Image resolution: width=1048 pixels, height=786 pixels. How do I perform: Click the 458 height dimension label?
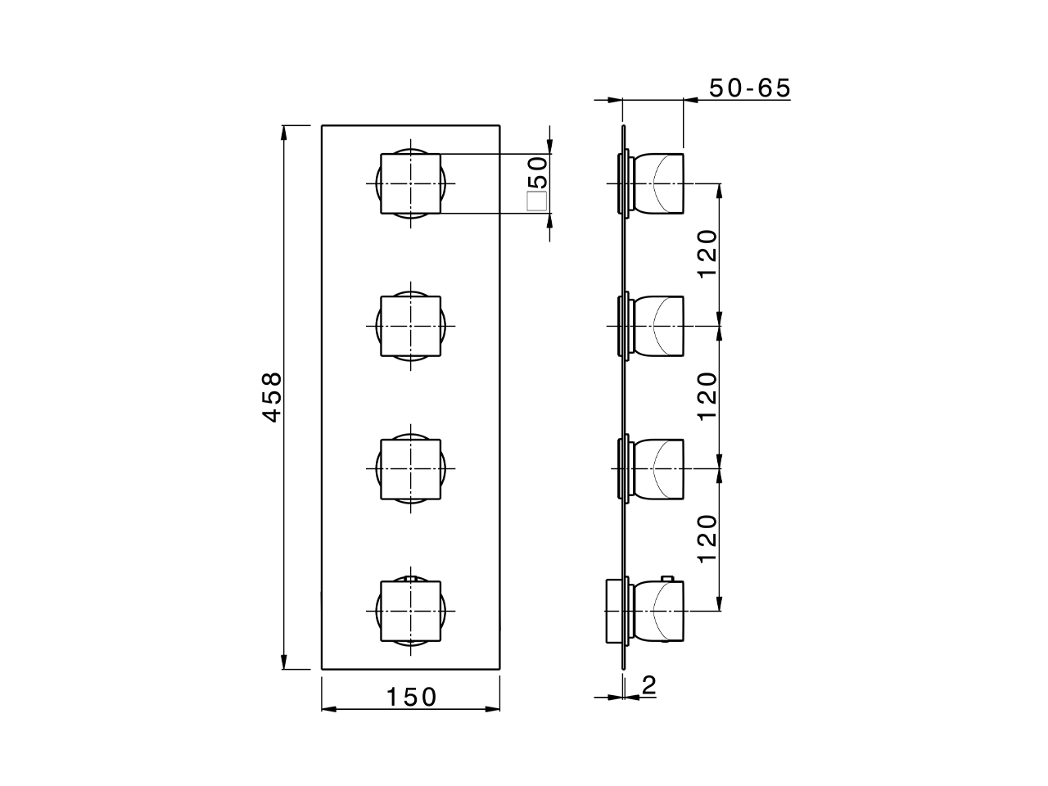click(x=272, y=397)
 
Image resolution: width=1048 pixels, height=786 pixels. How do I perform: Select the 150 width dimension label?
click(x=412, y=697)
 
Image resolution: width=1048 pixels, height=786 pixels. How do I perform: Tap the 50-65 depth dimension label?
click(x=749, y=88)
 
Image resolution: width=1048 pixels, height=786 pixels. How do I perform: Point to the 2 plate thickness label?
click(x=648, y=685)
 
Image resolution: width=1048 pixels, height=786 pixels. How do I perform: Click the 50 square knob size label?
click(x=537, y=173)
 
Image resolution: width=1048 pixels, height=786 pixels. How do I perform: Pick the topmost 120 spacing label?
click(x=707, y=255)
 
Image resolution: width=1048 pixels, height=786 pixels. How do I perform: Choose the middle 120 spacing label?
click(x=707, y=397)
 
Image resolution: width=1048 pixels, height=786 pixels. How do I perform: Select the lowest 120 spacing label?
click(x=707, y=540)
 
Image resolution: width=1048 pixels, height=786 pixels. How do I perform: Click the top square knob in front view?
click(x=411, y=184)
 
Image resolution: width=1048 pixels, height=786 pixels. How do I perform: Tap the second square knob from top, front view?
click(x=411, y=327)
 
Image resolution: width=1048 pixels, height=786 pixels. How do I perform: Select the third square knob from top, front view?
click(x=411, y=469)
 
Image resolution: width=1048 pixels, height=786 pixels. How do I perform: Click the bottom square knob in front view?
click(x=411, y=612)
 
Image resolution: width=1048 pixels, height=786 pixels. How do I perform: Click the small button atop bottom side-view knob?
click(x=667, y=579)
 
